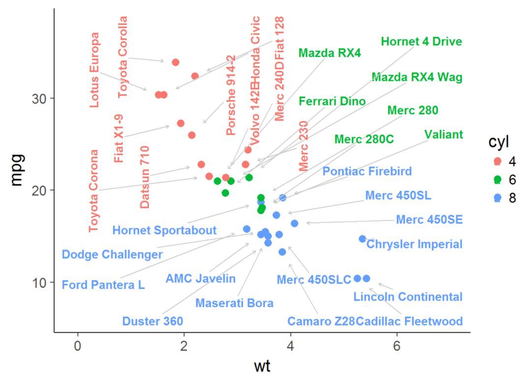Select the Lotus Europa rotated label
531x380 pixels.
coord(95,70)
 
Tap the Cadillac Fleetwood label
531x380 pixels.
coord(409,321)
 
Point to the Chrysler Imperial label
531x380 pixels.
coord(414,244)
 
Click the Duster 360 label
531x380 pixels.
coord(152,321)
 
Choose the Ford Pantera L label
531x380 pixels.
coord(103,285)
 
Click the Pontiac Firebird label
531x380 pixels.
coord(367,171)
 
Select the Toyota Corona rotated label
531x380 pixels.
coord(94,191)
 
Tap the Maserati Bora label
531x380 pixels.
coord(234,303)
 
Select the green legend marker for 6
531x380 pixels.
coord(497,180)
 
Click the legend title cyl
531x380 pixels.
coord(498,142)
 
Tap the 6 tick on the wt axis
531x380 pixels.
coord(397,345)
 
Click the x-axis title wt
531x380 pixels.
coord(262,366)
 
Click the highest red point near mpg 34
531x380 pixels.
coord(176,63)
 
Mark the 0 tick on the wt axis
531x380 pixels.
coord(78,345)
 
